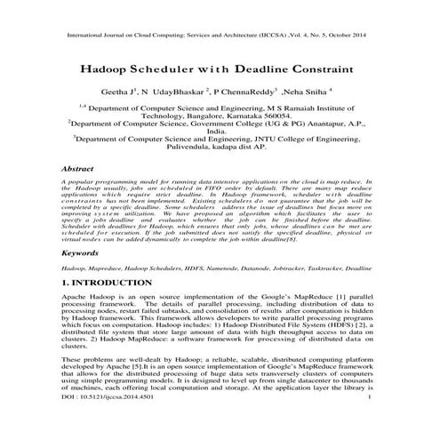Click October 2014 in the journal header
pyautogui.click(x=350, y=37)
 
